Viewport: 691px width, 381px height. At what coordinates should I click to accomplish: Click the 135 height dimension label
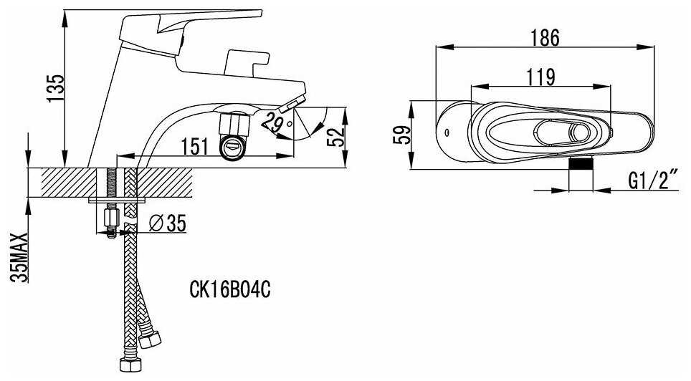coord(56,88)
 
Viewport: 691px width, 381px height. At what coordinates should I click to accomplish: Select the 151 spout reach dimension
coord(194,146)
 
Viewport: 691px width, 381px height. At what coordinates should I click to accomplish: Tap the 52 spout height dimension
coord(336,137)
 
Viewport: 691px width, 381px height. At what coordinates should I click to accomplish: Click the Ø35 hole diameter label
coord(168,223)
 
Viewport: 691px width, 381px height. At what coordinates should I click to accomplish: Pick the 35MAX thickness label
coord(19,257)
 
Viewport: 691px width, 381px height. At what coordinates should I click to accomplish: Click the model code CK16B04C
coord(230,289)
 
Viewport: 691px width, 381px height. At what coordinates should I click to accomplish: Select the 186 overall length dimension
coord(545,38)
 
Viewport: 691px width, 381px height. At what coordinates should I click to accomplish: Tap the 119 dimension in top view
coord(541,77)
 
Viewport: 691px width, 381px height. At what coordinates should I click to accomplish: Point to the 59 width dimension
coord(402,135)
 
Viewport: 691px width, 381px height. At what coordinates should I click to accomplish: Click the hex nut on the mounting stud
coord(111,217)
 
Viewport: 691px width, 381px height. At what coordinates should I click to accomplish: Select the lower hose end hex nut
coord(131,365)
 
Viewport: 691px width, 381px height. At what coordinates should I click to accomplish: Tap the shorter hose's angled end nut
coord(150,339)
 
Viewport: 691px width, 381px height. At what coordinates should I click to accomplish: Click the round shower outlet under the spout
coord(232,147)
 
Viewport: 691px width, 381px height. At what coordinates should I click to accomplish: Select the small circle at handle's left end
coord(447,132)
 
